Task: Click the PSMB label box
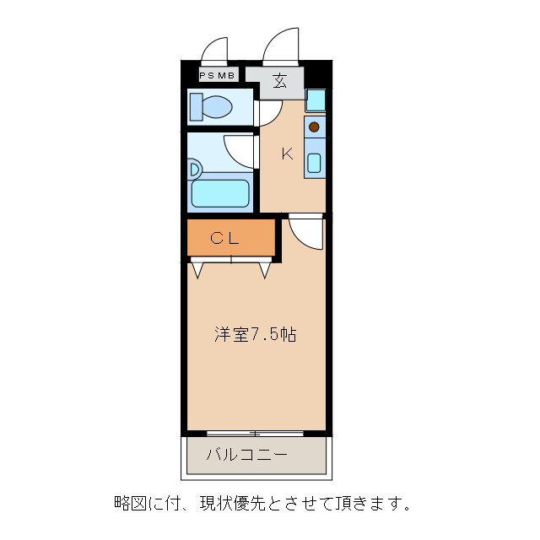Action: tap(218, 75)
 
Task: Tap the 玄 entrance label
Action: tap(278, 82)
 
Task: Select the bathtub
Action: tap(220, 193)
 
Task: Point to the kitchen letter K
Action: tap(287, 154)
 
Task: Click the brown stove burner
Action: tap(314, 127)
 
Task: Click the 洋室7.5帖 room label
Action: tap(254, 334)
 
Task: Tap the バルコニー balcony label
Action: tap(247, 456)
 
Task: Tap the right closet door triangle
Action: tap(264, 269)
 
